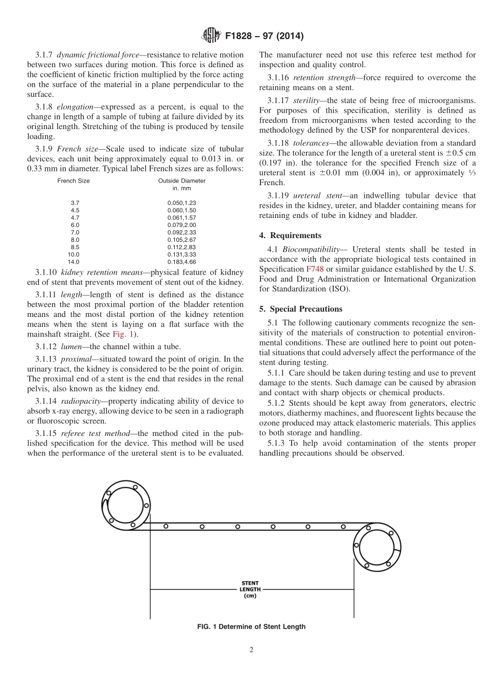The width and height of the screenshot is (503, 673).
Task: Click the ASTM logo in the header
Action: point(211,36)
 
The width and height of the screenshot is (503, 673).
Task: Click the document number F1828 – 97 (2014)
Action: point(264,37)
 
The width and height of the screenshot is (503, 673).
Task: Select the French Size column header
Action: point(73,181)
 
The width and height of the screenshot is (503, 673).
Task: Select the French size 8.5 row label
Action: point(75,247)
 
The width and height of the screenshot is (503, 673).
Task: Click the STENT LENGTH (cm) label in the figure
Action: point(250,589)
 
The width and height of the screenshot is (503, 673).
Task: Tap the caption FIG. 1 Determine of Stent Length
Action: point(251,627)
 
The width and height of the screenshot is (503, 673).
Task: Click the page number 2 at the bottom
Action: point(251,650)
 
